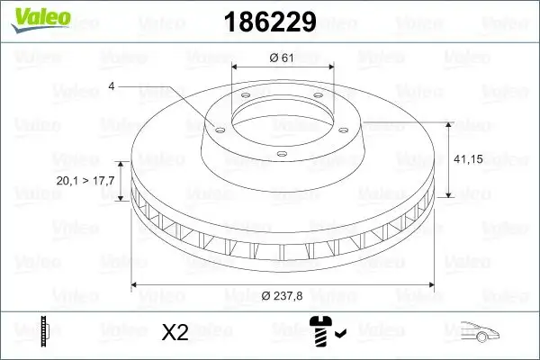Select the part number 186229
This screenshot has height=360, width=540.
tap(262, 21)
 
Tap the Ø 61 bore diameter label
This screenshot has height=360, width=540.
tap(283, 58)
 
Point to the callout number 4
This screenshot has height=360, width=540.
tap(112, 86)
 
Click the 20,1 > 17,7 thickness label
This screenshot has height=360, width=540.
tap(85, 181)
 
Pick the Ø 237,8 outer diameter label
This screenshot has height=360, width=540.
tap(283, 297)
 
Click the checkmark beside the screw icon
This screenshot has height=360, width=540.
tap(339, 336)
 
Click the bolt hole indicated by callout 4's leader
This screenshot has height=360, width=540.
tap(217, 127)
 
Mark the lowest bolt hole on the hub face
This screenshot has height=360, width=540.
tap(281, 155)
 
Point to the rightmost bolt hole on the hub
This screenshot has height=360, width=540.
tap(343, 127)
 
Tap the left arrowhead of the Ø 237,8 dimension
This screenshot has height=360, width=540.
tap(135, 284)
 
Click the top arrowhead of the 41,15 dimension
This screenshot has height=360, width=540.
tap(447, 124)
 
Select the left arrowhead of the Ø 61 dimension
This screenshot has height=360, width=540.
tap(235, 67)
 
